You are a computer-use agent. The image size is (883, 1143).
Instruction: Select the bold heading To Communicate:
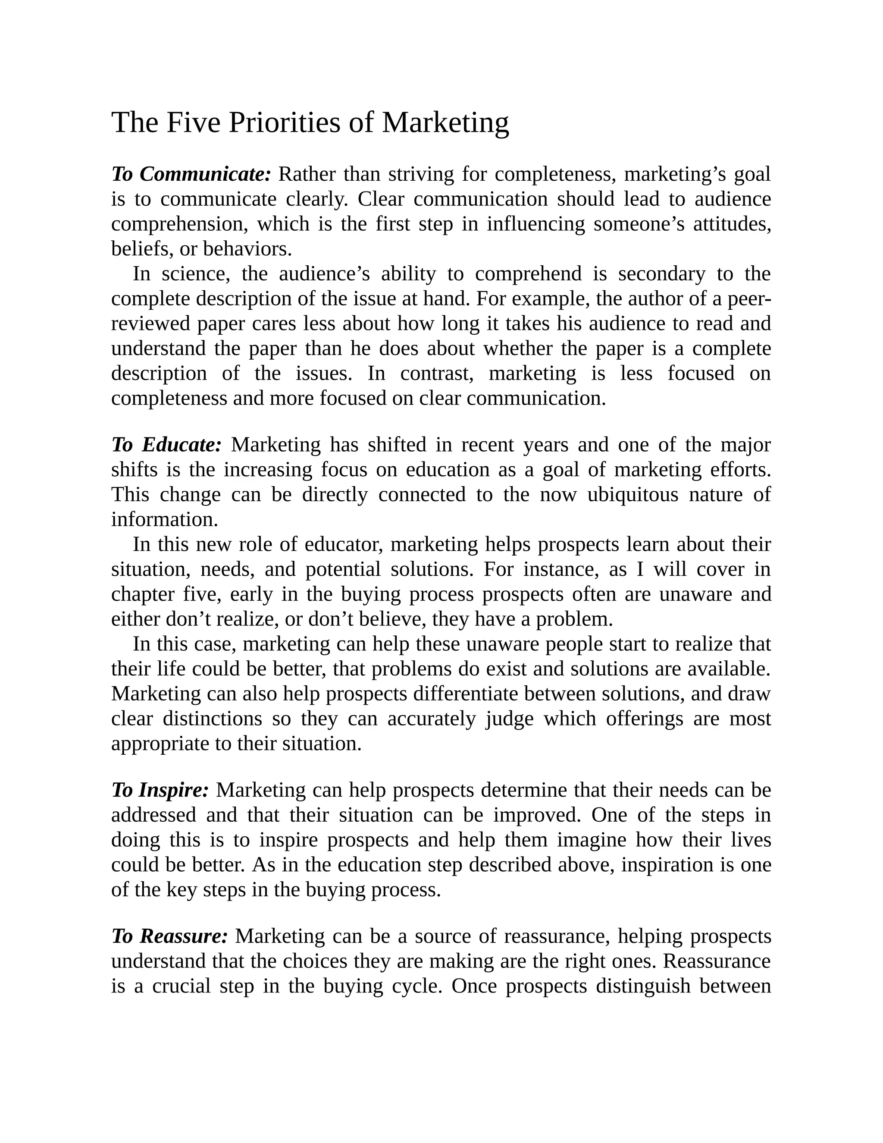191,174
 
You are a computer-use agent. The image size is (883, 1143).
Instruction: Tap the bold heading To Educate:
167,445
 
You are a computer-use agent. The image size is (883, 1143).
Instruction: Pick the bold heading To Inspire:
160,790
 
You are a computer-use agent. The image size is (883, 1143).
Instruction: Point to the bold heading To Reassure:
169,936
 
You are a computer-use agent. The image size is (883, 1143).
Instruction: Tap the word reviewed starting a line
150,324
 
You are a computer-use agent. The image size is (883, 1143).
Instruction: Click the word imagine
591,840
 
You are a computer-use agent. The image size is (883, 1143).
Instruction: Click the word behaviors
247,249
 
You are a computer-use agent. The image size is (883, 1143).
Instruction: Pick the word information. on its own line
164,520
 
